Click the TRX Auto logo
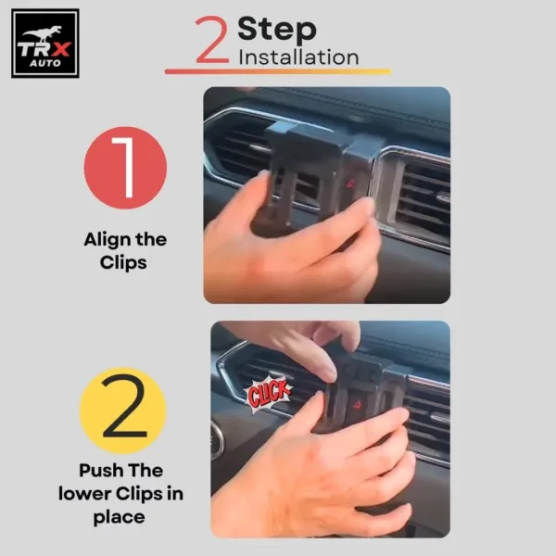(44, 43)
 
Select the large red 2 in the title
(211, 42)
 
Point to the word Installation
(298, 57)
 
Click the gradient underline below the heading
(278, 71)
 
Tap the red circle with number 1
(125, 168)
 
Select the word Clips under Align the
(124, 262)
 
